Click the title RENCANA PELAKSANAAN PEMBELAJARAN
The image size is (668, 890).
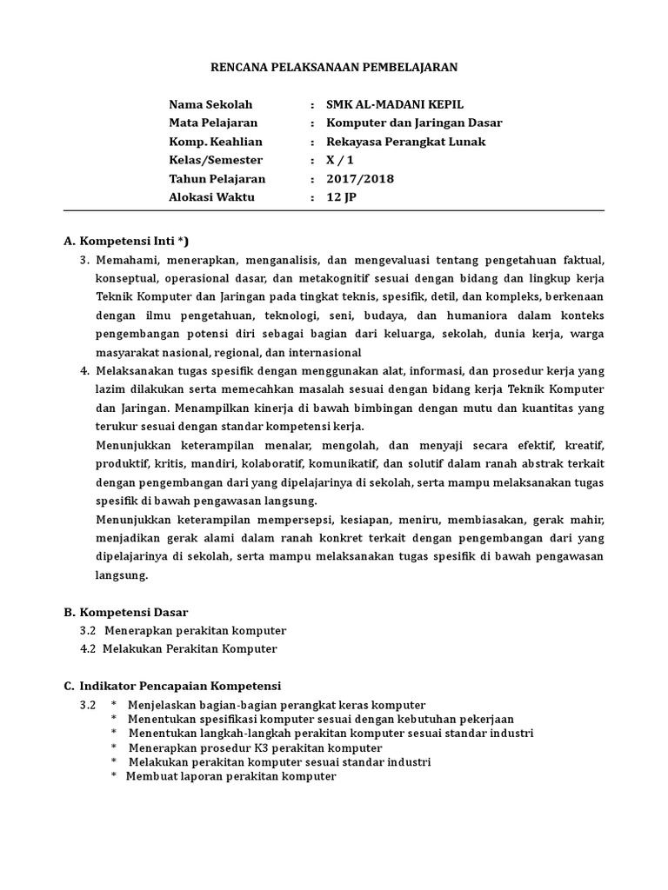pos(335,66)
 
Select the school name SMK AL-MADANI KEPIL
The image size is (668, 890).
pos(395,104)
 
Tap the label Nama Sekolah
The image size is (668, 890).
pos(210,104)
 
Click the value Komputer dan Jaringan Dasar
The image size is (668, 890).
pos(414,123)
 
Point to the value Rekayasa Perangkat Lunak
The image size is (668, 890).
pos(405,142)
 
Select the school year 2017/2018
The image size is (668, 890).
pos(360,179)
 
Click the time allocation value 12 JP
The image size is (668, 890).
pos(341,197)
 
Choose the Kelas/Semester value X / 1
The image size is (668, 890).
pos(341,160)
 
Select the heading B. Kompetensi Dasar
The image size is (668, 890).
pos(132,612)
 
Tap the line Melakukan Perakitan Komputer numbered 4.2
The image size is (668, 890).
pos(190,648)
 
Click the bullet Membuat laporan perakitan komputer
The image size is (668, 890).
pos(230,776)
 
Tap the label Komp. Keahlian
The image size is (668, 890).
pos(216,142)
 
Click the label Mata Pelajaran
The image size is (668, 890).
pos(213,123)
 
